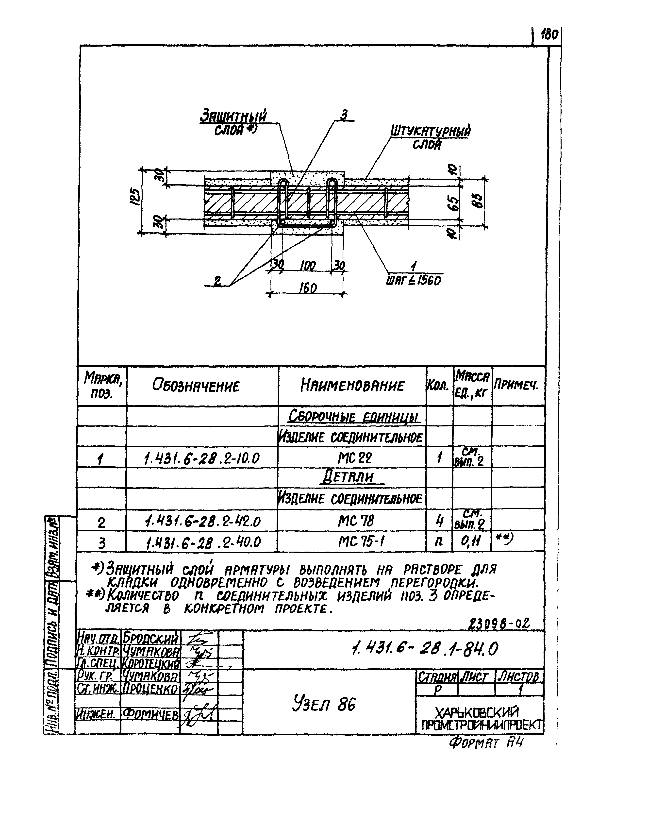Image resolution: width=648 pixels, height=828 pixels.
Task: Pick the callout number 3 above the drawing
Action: pos(344,115)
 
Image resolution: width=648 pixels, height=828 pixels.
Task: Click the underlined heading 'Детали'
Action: pos(353,477)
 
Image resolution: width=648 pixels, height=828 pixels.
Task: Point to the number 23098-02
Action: pos(500,624)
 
